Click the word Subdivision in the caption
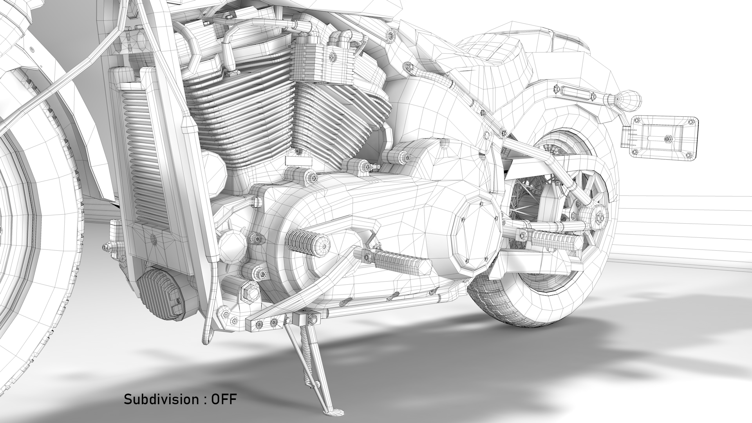pyautogui.click(x=161, y=399)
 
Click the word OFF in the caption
pyautogui.click(x=224, y=399)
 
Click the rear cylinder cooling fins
pyautogui.click(x=337, y=117)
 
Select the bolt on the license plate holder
pyautogui.click(x=667, y=138)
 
